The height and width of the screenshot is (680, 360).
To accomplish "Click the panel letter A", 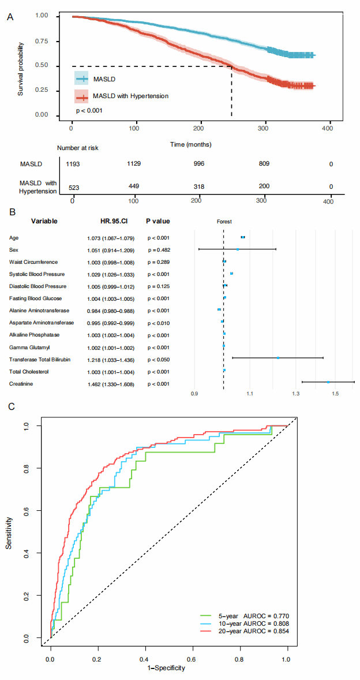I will click(x=10, y=17).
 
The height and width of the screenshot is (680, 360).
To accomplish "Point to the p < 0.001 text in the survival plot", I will click(x=89, y=110).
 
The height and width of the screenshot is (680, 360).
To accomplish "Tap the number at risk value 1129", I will click(x=134, y=164).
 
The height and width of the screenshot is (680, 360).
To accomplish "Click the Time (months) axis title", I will click(x=191, y=143).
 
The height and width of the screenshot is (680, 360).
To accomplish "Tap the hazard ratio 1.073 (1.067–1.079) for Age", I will click(x=110, y=238).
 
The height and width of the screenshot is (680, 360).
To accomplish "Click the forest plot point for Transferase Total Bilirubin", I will click(x=278, y=358).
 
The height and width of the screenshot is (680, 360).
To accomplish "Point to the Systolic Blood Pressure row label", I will click(x=37, y=274).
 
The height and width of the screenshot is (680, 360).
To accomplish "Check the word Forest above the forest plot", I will click(x=224, y=221).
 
